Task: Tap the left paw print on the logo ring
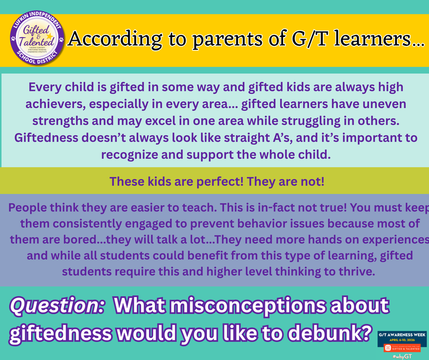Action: [12, 39]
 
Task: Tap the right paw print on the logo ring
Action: [62, 39]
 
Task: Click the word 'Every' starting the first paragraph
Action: [46, 87]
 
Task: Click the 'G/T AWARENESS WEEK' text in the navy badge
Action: [402, 333]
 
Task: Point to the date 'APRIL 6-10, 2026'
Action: [402, 339]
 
